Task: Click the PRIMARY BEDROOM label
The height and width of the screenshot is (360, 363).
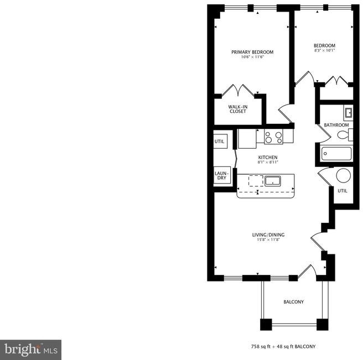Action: [x=252, y=52]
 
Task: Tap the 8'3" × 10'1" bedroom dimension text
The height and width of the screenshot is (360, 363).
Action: [x=325, y=50]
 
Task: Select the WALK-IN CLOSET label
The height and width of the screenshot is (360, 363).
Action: [x=238, y=109]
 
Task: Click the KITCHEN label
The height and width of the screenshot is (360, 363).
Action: [x=268, y=157]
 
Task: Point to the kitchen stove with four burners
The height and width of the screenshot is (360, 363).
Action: [x=273, y=137]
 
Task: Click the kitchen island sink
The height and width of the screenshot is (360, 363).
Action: [x=273, y=181]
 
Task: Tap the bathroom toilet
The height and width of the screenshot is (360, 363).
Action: [x=345, y=135]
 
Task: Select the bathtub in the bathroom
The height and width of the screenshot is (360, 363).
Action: [x=337, y=154]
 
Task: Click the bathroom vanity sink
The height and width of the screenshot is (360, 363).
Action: [x=348, y=113]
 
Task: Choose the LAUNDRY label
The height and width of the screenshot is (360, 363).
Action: [x=222, y=176]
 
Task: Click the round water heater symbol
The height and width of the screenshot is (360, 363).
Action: [x=343, y=176]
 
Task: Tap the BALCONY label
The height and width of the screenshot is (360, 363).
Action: [x=293, y=302]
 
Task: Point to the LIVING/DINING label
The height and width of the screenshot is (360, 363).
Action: [x=268, y=235]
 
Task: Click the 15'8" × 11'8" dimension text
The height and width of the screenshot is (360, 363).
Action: [x=268, y=239]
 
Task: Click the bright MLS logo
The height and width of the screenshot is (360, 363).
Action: [x=30, y=350]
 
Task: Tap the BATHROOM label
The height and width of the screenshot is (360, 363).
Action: [x=336, y=125]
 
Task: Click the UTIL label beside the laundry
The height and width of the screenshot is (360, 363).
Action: [x=219, y=142]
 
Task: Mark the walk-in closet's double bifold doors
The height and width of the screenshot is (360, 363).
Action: [x=238, y=91]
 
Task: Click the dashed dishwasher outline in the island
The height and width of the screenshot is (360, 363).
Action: [x=256, y=181]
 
